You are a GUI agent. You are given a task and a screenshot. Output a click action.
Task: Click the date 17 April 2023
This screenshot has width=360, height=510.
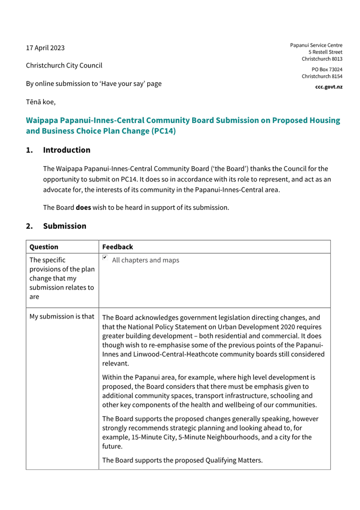(x=45, y=48)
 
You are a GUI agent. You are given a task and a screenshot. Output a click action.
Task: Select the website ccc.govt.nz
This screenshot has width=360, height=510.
(x=329, y=87)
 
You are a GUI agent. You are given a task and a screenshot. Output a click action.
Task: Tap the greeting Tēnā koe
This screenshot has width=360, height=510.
(x=41, y=102)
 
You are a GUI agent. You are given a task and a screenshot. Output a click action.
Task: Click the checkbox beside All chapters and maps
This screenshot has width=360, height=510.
(x=105, y=257)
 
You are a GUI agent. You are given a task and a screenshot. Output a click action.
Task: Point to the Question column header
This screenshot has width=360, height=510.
(x=44, y=247)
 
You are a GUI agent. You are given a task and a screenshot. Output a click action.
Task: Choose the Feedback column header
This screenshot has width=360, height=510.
(x=117, y=247)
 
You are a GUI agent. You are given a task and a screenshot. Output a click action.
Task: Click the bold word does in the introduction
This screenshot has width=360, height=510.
(x=83, y=207)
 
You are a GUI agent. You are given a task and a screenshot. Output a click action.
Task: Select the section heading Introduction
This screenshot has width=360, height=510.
(x=67, y=150)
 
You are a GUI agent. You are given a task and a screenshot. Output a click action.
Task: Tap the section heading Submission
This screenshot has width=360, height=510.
(x=64, y=226)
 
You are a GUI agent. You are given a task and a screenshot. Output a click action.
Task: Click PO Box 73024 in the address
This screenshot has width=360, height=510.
(x=327, y=69)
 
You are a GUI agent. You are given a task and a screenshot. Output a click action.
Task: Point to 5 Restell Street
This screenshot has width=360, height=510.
(x=325, y=52)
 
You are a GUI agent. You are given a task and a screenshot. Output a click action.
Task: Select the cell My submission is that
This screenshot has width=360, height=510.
(x=62, y=316)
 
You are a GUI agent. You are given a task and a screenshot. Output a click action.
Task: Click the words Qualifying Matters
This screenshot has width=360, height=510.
(x=234, y=460)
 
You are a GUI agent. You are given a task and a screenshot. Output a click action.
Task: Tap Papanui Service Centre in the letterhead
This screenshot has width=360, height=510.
(x=316, y=45)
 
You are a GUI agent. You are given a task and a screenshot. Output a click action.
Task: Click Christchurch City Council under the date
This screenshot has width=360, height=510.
(x=64, y=65)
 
